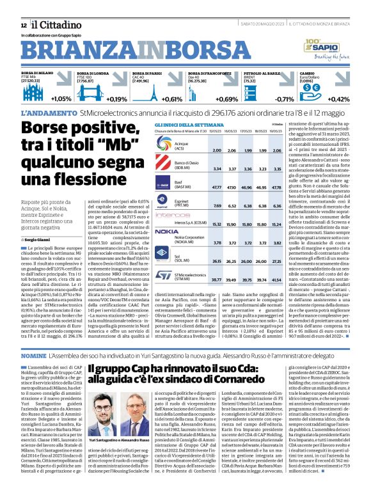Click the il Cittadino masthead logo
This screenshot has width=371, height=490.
pyautogui.click(x=47, y=24)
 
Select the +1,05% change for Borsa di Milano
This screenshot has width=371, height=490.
pyautogui.click(x=61, y=99)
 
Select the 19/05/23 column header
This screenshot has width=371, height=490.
pyautogui.click(x=278, y=130)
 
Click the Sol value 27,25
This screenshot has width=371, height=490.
pyautogui.click(x=278, y=262)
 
